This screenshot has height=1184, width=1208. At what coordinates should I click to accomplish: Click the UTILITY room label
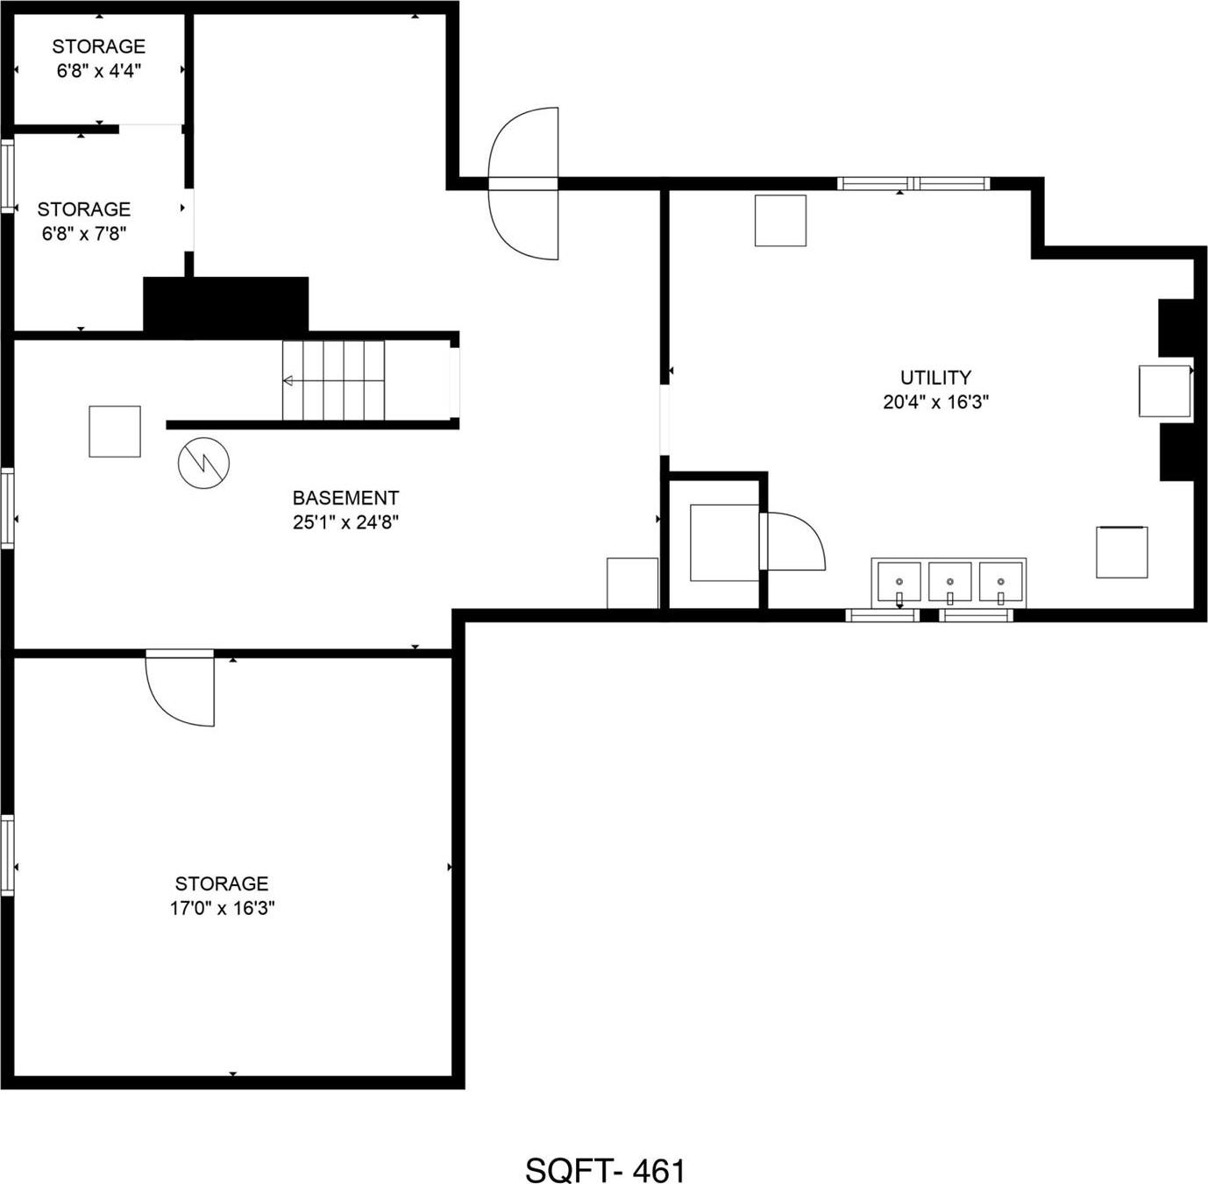[935, 378]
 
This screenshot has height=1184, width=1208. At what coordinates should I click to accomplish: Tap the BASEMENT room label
[345, 498]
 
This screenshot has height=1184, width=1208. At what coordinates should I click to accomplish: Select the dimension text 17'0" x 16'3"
[222, 908]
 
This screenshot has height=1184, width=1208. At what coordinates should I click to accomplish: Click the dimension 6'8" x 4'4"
[98, 71]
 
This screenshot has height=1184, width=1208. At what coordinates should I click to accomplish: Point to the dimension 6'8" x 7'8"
[84, 234]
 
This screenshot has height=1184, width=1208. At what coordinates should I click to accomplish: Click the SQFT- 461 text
[605, 1170]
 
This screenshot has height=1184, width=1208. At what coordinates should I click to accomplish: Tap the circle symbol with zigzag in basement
[203, 463]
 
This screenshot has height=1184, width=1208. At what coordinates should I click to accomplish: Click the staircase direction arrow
[288, 380]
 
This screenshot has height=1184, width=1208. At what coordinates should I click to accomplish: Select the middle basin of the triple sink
[949, 582]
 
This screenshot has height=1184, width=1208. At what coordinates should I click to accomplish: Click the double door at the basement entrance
[524, 183]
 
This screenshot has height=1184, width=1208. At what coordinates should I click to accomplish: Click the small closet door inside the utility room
[793, 542]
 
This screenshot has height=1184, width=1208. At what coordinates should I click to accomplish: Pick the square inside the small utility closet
[724, 542]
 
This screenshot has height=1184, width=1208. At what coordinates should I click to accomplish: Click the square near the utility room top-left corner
[780, 221]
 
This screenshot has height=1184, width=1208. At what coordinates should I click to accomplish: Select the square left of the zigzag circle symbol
[115, 431]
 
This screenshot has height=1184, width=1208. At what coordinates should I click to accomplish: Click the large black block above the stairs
[226, 304]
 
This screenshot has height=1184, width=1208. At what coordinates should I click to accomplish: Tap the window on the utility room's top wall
[913, 183]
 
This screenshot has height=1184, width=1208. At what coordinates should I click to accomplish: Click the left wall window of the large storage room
[8, 855]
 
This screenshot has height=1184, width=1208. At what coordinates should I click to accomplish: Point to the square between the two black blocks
[1164, 391]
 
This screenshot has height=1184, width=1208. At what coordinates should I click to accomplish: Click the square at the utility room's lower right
[1121, 552]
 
